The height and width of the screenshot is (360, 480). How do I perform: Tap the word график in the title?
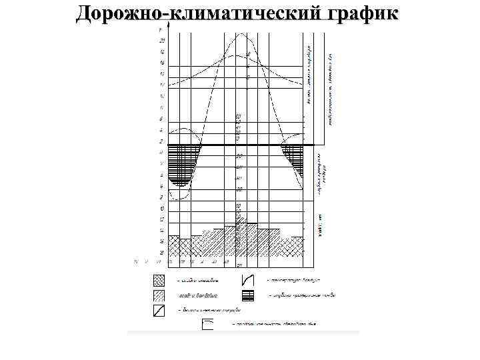(x=361, y=13)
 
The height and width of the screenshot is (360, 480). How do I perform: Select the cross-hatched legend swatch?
(x=159, y=280)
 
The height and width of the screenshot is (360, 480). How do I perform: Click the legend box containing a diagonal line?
(x=159, y=310)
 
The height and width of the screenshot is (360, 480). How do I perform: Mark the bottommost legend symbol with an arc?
(x=207, y=325)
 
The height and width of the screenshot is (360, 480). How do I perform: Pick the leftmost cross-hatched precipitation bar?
(x=174, y=245)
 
